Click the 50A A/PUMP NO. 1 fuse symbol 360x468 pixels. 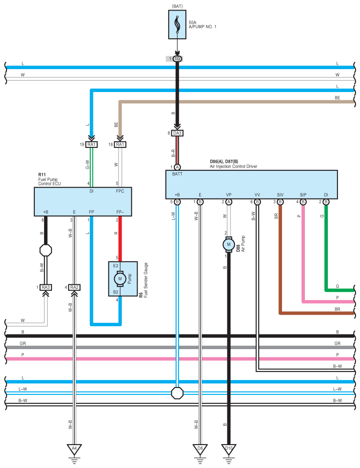click(177, 25)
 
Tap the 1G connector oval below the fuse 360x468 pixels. click(177, 59)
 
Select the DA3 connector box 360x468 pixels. click(177, 133)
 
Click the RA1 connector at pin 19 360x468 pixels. click(91, 144)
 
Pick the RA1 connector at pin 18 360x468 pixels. click(120, 144)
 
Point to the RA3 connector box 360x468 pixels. click(46, 287)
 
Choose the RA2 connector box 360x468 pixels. click(74, 287)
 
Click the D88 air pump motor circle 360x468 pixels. click(229, 244)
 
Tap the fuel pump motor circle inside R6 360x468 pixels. click(120, 279)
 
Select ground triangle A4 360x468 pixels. click(74, 449)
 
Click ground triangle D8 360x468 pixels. click(200, 449)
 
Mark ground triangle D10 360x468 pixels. click(229, 449)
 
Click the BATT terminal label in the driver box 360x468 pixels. click(177, 174)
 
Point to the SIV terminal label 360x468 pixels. click(280, 195)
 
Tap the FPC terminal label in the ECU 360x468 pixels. click(120, 191)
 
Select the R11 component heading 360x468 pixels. click(42, 175)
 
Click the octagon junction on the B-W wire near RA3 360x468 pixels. click(46, 250)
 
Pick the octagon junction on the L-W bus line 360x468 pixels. click(177, 393)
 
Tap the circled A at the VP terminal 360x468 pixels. click(229, 202)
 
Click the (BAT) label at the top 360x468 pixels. click(177, 6)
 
